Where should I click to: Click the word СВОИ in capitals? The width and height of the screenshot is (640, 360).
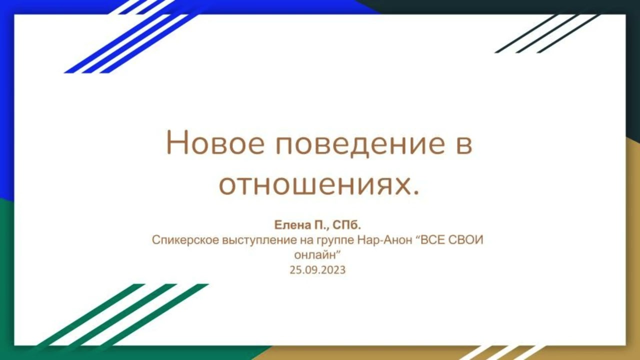(x=467, y=240)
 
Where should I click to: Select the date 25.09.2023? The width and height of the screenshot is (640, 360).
(x=317, y=270)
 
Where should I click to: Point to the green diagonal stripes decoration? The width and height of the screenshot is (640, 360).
(x=125, y=315)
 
